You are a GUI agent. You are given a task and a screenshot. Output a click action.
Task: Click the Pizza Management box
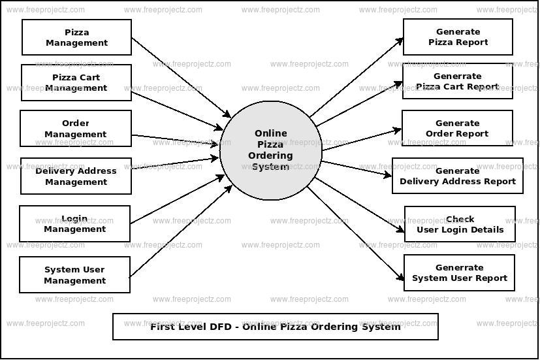[x=76, y=37]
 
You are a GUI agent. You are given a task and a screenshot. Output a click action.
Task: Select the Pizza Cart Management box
[x=76, y=82]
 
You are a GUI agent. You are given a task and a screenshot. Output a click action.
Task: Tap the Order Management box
[x=76, y=129]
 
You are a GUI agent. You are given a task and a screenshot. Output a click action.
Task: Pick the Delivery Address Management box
[x=76, y=176]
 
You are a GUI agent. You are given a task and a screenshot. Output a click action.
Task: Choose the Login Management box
[x=74, y=224]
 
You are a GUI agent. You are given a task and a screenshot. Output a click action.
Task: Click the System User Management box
[x=74, y=275]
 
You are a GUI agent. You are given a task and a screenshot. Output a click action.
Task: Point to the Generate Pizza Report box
[x=458, y=37]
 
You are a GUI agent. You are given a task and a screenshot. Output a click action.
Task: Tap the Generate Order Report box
[x=457, y=128]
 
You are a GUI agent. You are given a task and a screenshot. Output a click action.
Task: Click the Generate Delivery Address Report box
[x=457, y=176]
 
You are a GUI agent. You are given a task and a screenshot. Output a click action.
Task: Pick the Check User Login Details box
[x=460, y=224]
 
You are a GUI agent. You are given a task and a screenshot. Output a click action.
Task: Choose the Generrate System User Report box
[x=459, y=272]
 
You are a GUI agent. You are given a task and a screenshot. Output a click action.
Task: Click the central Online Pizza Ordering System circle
[x=271, y=150]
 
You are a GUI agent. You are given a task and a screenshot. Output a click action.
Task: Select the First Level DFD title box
[x=275, y=327]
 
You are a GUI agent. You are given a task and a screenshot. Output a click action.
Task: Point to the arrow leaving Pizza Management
[x=181, y=77]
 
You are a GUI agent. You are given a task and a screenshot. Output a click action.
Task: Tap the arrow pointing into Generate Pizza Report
[x=357, y=78]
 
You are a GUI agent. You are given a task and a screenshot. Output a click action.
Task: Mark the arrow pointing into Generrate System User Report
[x=356, y=232]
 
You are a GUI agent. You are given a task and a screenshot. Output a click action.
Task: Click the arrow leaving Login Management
[x=177, y=199]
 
